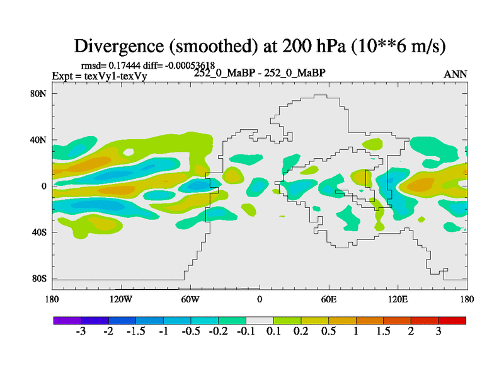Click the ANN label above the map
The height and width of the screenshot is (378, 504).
click(455, 74)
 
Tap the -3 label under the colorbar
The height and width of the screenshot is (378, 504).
click(81, 332)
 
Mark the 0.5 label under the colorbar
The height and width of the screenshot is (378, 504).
click(328, 332)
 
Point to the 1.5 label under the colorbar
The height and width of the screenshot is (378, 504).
click(383, 332)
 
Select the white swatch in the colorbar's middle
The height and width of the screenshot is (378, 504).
click(259, 321)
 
